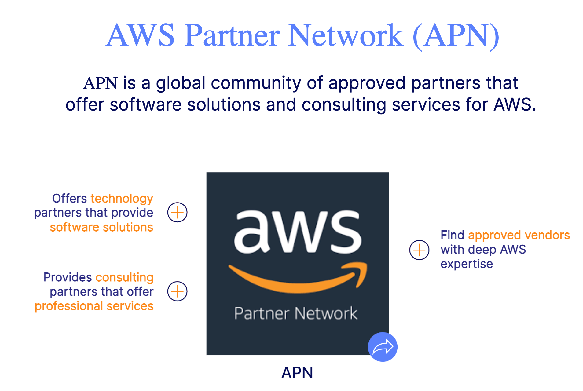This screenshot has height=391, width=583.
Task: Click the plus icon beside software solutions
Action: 177,212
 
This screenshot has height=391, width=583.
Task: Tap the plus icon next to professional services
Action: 177,291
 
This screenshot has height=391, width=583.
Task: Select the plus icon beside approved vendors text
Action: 419,250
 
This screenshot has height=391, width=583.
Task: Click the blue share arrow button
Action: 383,347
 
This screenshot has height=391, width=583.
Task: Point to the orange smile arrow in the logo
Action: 298,278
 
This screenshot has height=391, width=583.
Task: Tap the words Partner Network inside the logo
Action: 296,313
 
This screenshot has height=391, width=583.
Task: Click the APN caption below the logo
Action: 297,373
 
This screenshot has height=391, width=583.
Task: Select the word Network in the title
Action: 345,35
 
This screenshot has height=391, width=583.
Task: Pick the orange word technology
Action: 122,199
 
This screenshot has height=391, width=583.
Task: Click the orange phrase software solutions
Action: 101,227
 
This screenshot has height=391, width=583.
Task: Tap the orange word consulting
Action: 124,277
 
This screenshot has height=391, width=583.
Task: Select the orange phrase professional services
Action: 94,306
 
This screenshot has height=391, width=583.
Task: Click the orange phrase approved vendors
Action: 519,235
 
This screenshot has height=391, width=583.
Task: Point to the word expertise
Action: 467,264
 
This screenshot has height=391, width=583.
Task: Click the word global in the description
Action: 181,83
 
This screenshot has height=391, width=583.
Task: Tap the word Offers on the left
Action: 69,199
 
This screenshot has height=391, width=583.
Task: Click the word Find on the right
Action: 452,235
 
